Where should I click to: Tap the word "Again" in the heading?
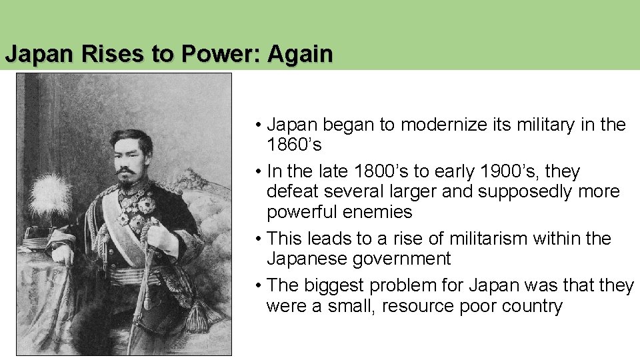299,54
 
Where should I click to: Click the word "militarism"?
471,239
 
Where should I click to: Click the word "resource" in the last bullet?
417,306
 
